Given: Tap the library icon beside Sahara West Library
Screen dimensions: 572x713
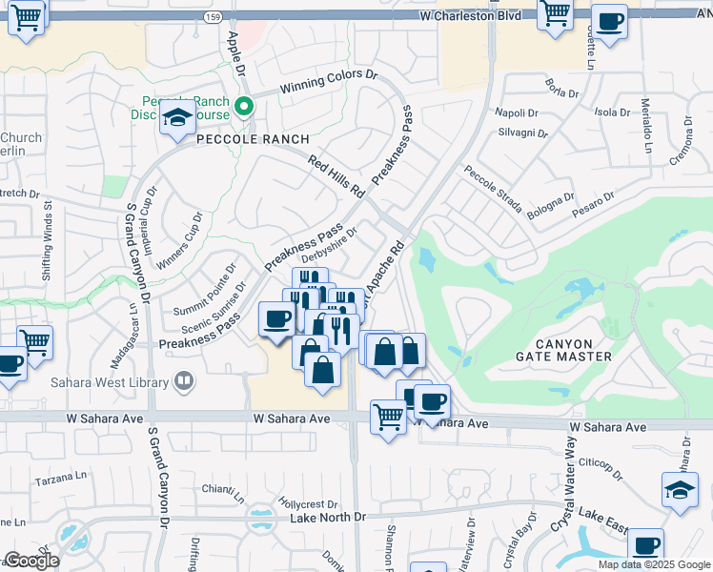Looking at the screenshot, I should tap(184, 382).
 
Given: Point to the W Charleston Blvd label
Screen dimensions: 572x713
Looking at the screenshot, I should tap(470, 16).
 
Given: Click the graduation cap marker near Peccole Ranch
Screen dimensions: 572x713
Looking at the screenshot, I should tap(177, 118).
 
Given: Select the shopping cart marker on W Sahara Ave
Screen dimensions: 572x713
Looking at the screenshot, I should tap(388, 416).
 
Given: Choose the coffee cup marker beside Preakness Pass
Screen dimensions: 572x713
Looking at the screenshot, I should tap(276, 318).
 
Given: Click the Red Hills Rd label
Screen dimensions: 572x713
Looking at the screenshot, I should tap(338, 176).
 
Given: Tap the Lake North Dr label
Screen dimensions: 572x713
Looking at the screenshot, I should tap(328, 518).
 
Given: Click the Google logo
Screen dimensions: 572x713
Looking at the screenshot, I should tap(32, 561).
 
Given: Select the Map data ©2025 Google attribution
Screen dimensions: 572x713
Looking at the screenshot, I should tap(653, 564).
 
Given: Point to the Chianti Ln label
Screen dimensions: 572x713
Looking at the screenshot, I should tap(223, 492).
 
